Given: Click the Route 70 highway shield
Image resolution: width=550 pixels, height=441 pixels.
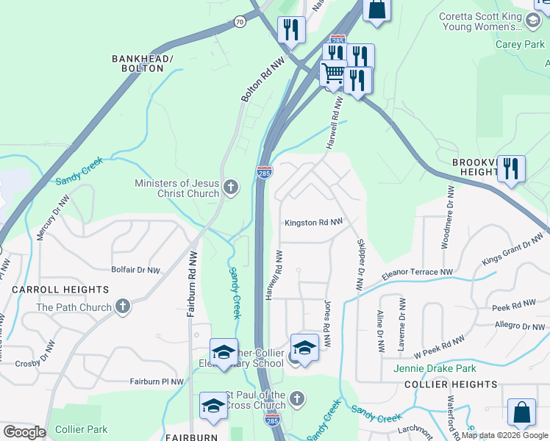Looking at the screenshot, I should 240,22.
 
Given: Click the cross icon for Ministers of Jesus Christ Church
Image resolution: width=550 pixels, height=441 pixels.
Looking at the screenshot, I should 231,187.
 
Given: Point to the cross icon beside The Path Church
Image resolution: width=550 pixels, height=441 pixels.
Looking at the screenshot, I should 123,306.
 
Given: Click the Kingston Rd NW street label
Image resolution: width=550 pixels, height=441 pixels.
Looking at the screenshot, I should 313,222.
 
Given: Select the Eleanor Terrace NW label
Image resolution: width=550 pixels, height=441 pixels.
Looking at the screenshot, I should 418,274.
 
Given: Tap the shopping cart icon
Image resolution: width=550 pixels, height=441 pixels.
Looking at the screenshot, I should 334,73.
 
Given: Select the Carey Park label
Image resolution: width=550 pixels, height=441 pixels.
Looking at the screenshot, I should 520,44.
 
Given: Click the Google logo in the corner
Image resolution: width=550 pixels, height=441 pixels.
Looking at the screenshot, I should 24,432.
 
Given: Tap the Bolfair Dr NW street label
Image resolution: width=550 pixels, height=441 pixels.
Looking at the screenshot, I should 135,270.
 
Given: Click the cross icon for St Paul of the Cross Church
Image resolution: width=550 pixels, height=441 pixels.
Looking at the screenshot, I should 296,399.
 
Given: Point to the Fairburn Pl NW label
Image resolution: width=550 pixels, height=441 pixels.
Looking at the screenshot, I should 157,381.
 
